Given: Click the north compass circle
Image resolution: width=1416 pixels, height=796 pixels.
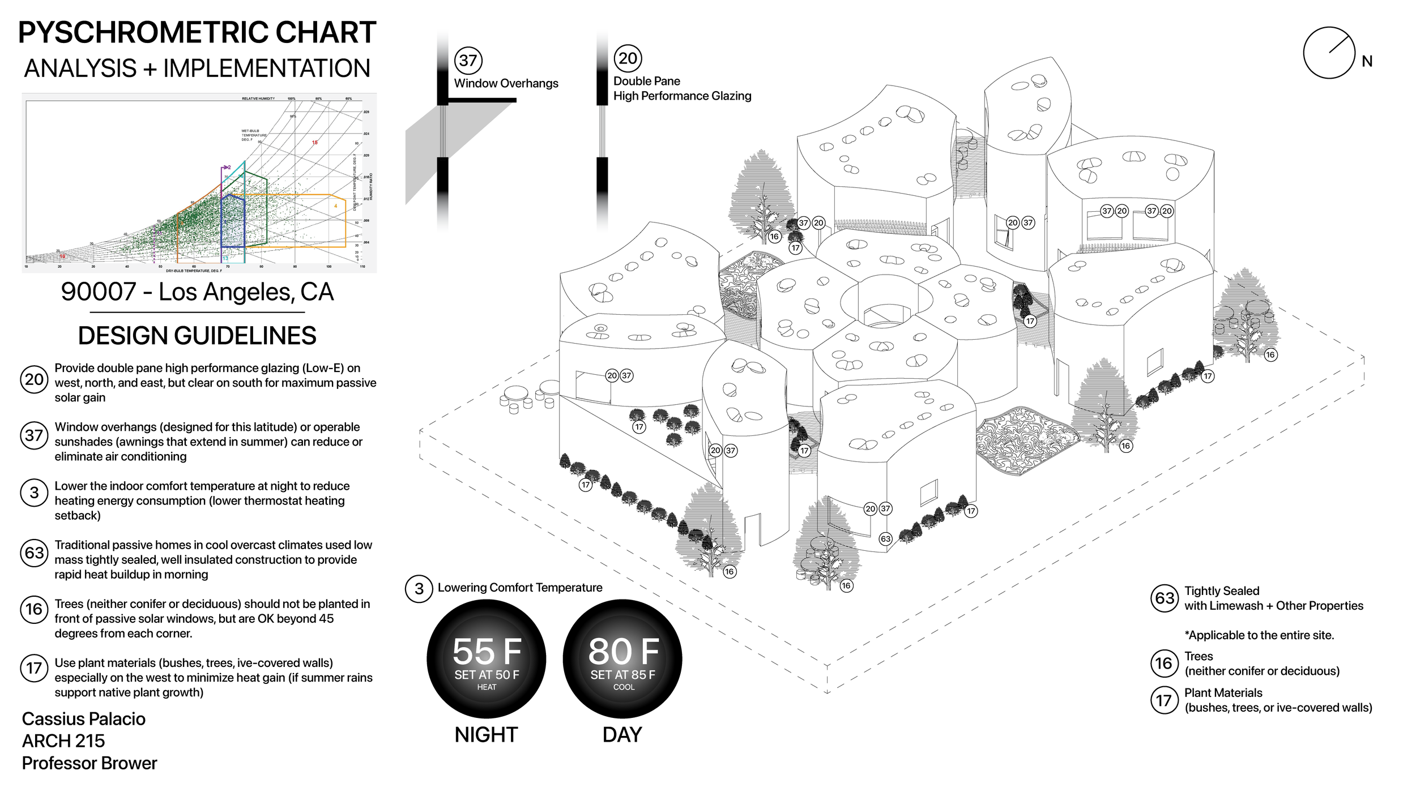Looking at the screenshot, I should [1329, 53].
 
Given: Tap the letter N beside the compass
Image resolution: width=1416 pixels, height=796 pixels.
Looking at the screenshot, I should [1367, 61].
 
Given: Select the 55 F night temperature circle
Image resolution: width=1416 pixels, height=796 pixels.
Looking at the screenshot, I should [487, 658].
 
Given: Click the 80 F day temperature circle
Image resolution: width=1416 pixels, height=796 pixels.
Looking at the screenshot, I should [622, 658].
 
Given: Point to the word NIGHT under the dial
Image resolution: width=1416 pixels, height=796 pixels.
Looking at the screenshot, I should [486, 734].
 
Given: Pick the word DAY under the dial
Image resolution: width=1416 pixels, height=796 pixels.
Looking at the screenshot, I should [622, 734].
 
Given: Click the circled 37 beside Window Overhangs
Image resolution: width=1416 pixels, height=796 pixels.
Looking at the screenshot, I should [468, 60].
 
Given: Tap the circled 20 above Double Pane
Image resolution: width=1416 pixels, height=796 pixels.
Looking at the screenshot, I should [628, 58].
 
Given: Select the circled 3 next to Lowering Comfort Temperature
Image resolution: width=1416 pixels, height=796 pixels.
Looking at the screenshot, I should [419, 589].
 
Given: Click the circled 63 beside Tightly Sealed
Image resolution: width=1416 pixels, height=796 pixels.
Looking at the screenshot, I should [1165, 598].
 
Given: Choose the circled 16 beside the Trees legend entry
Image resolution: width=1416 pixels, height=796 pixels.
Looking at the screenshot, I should [1164, 663].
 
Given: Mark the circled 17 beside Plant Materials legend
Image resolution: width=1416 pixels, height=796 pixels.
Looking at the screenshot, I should [1164, 700].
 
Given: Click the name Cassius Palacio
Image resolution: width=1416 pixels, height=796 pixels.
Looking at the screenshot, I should [84, 718].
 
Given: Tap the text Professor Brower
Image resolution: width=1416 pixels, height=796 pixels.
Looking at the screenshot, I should [89, 763].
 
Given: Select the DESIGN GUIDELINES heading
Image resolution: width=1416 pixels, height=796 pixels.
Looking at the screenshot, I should [197, 335].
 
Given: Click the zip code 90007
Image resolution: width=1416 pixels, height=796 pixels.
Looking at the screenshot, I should [99, 292].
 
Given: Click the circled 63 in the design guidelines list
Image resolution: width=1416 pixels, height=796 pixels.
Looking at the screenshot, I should [34, 552].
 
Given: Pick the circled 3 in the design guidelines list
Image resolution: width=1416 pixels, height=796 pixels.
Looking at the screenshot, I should [34, 493].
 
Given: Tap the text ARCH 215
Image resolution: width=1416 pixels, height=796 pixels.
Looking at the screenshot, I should [63, 741].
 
